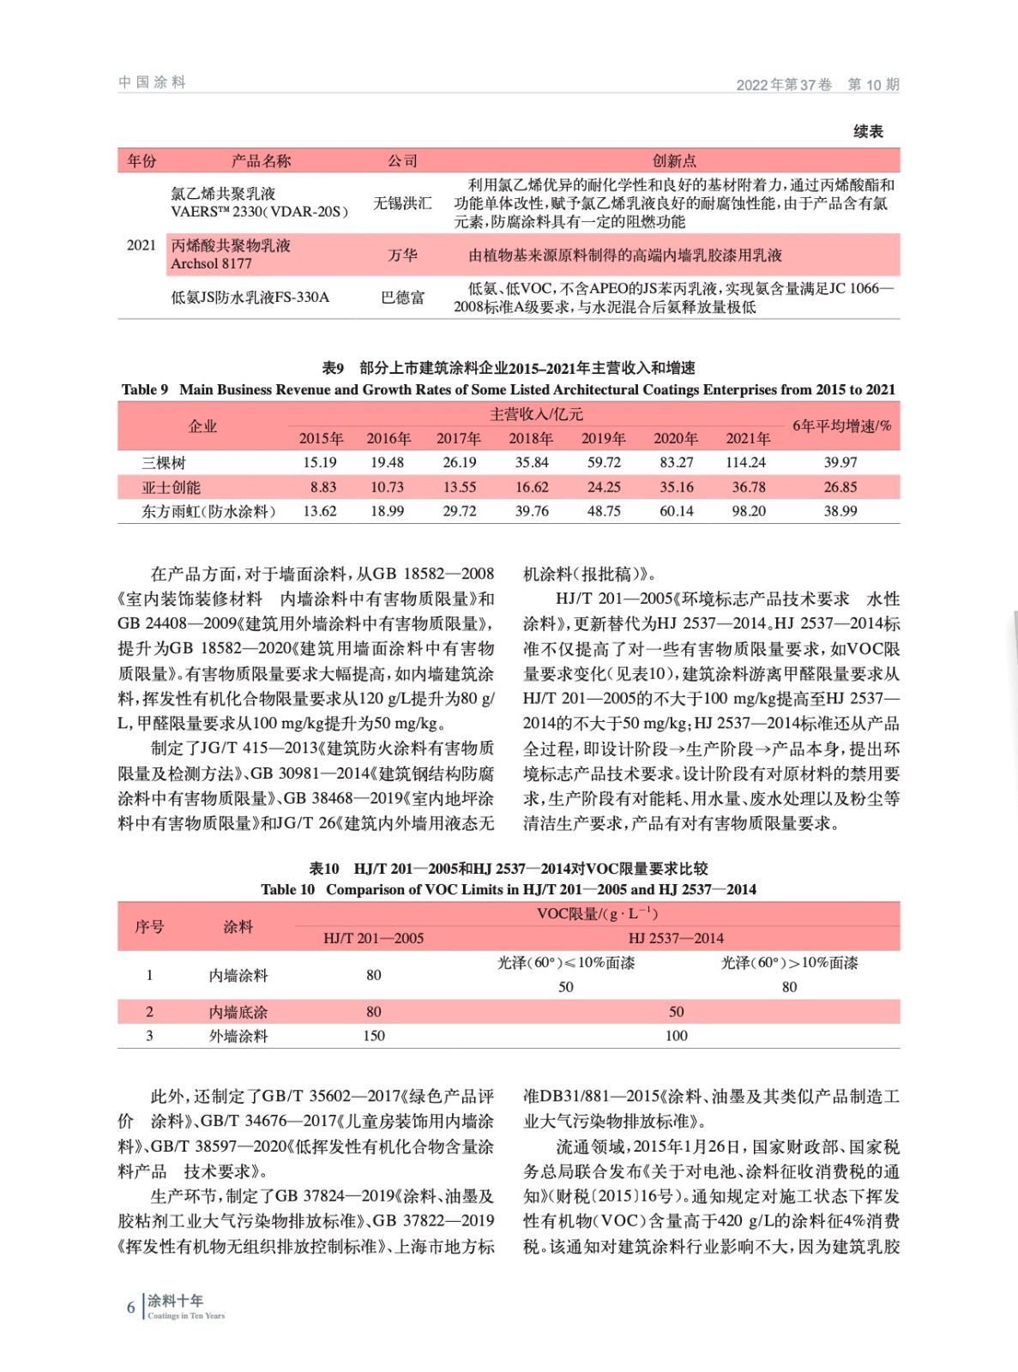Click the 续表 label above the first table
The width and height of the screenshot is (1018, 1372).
click(x=868, y=131)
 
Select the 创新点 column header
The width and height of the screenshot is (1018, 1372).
click(x=674, y=160)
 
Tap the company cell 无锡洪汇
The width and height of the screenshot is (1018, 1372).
click(x=402, y=203)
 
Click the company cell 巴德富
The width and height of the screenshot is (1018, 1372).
click(x=402, y=298)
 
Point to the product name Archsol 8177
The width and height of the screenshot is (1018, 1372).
click(x=211, y=263)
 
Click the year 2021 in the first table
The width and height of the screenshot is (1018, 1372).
click(x=142, y=245)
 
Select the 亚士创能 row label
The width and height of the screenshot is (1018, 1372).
click(x=171, y=487)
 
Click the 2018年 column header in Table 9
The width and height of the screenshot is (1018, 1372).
click(x=531, y=438)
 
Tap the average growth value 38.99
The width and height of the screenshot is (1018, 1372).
click(x=840, y=511)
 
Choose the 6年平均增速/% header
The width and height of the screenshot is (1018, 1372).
click(x=841, y=426)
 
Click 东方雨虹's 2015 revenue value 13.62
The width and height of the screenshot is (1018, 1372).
click(x=320, y=511)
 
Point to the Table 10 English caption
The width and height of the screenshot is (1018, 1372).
click(x=509, y=889)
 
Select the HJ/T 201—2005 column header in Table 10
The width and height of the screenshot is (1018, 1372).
click(x=373, y=938)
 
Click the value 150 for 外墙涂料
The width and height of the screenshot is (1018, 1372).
click(x=373, y=1036)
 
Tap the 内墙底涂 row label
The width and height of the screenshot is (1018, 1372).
click(x=238, y=1012)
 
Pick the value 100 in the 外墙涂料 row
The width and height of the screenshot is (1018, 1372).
click(x=676, y=1036)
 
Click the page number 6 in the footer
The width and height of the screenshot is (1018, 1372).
click(x=131, y=1307)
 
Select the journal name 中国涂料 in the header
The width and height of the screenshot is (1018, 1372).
click(x=152, y=82)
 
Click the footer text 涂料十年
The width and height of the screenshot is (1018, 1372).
click(x=176, y=1301)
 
